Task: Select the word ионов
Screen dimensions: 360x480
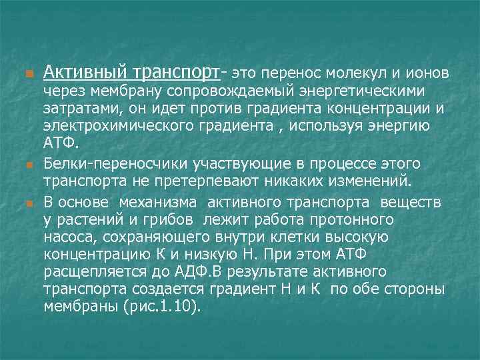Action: tap(429, 71)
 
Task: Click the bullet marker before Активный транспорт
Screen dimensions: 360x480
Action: tap(27, 72)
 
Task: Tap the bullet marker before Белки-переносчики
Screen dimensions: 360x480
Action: tap(27, 164)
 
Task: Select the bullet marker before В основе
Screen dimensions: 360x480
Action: tap(27, 201)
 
